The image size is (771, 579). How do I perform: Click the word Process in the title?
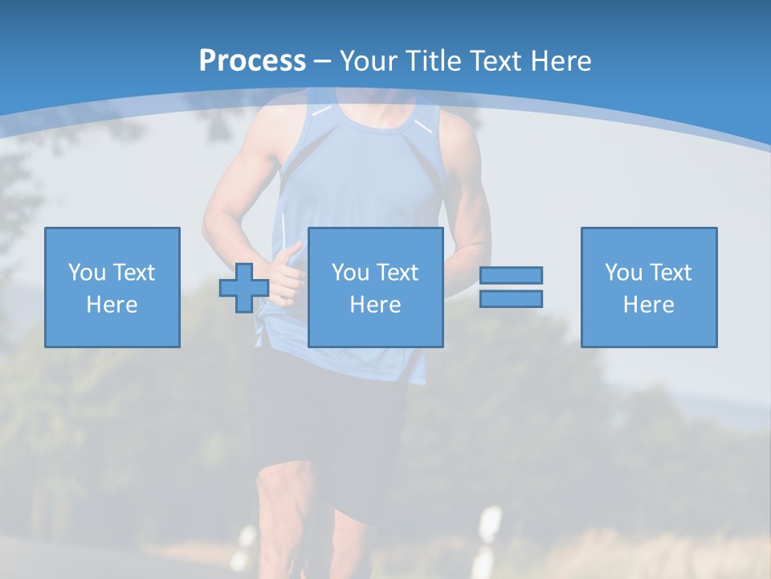click(252, 60)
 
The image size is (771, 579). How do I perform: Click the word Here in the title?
click(561, 61)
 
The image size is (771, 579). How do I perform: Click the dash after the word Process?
click(322, 62)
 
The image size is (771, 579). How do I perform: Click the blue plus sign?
click(244, 288)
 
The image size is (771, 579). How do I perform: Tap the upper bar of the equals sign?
click(511, 275)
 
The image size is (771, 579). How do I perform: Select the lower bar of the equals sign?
click(511, 298)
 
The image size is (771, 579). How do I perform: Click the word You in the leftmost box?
click(87, 273)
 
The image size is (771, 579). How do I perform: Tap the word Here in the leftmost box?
click(112, 305)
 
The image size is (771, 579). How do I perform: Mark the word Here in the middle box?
click(375, 305)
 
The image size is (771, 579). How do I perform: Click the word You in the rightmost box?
click(623, 273)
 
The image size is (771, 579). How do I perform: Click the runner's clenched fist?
click(285, 277)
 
